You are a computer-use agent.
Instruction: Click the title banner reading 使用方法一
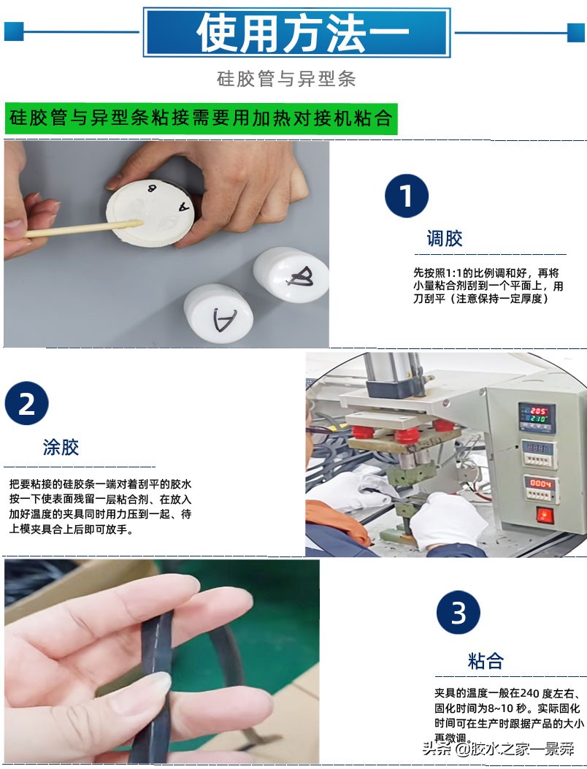point(296,33)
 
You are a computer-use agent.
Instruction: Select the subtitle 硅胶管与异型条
point(286,79)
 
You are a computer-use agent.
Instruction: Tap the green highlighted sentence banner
point(201,118)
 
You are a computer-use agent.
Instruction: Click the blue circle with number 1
point(407,196)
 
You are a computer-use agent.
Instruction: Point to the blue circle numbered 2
point(26,403)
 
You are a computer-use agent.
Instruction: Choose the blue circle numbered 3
point(458,612)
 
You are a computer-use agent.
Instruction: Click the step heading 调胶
point(444,238)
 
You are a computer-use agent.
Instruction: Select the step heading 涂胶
point(61,447)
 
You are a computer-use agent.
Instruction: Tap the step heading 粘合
point(486,662)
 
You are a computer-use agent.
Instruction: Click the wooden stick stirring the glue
point(80,229)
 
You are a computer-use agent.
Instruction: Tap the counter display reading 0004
point(541,484)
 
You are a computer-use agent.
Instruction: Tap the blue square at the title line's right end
point(576,31)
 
